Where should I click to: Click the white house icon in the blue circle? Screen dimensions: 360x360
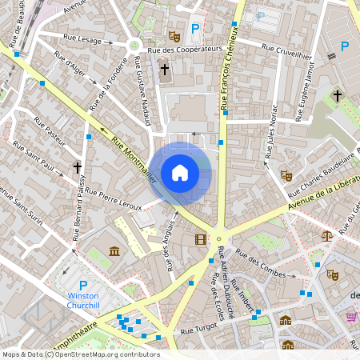tap(180, 172)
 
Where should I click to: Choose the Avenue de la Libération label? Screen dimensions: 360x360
tap(318, 196)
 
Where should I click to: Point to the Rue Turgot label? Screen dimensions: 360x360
tap(198, 330)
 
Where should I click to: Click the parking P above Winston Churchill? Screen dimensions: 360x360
tap(83, 285)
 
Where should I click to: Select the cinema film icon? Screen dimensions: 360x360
tap(200, 238)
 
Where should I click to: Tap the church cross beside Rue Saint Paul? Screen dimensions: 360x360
tap(78, 168)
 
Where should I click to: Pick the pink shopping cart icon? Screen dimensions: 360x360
tap(350, 317)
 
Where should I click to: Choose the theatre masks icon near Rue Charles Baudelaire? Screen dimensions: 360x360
tap(286, 175)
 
